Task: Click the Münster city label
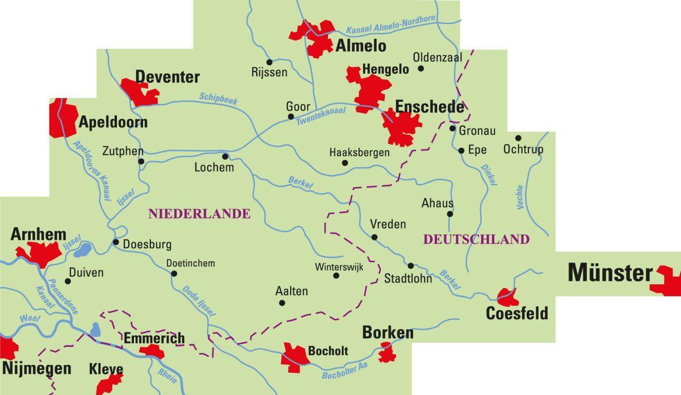(x=610, y=273)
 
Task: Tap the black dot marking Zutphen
(x=141, y=161)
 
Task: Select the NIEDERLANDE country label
(x=199, y=214)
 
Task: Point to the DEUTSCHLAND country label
(x=476, y=239)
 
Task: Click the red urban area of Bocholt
(x=295, y=356)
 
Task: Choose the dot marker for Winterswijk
(x=336, y=276)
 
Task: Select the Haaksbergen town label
(x=359, y=152)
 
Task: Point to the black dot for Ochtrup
(x=518, y=138)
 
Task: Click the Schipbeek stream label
(x=218, y=98)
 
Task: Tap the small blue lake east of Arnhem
(x=83, y=249)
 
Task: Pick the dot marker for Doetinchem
(x=174, y=274)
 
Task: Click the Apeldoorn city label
(x=113, y=122)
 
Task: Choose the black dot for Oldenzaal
(x=421, y=68)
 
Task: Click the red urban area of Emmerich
(x=152, y=351)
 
